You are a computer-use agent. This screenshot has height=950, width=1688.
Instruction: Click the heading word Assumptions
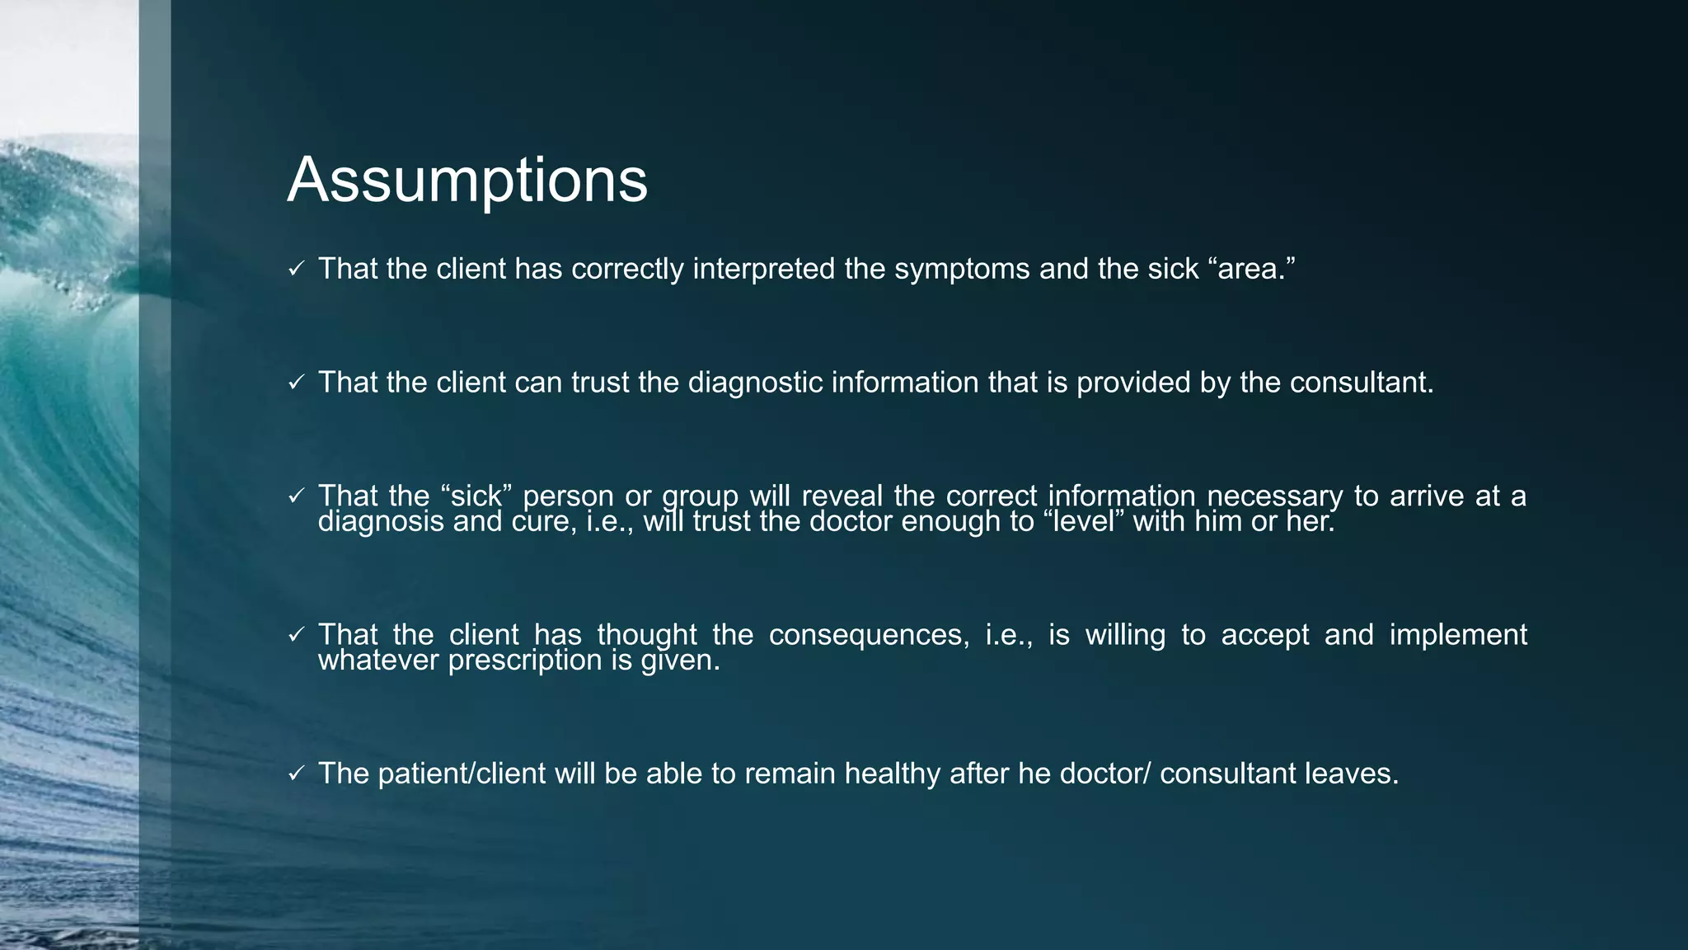pos(467,181)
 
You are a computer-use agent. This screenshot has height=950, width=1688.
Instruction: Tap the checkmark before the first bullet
pos(297,269)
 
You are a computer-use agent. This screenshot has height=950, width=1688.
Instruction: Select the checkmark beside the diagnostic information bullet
pos(297,383)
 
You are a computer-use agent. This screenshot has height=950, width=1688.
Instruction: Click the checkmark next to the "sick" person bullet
pos(297,496)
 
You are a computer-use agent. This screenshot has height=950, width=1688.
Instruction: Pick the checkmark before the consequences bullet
pos(297,635)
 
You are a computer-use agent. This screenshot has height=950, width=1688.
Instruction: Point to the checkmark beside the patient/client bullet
pos(297,774)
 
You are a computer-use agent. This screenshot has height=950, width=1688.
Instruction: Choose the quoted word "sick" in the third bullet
pos(477,496)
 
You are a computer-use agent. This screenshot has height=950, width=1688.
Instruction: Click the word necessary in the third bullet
pos(1274,496)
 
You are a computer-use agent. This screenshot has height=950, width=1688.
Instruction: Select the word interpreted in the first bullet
pos(764,270)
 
